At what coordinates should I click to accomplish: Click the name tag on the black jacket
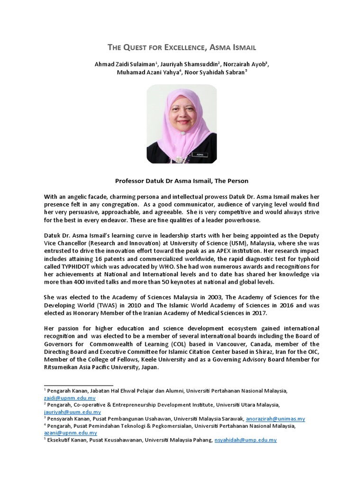196,153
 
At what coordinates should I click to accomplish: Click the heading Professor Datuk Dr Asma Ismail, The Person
182,181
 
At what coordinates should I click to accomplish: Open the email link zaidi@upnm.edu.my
70,398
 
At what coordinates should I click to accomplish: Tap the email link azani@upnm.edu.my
71,432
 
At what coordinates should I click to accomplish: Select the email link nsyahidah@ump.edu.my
246,440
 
